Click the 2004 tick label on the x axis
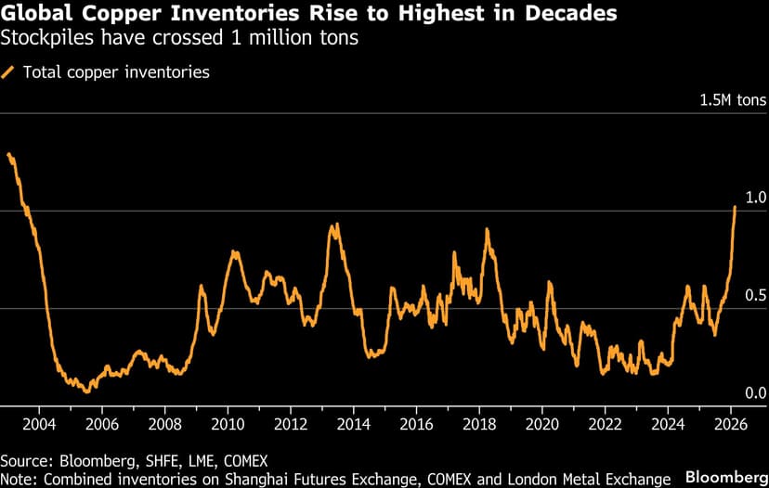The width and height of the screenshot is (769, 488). [38, 424]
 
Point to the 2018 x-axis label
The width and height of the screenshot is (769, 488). [479, 424]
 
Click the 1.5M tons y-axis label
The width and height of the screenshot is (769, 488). [733, 99]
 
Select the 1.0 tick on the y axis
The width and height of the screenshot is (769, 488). [756, 198]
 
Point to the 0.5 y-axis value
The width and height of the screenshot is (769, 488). [756, 295]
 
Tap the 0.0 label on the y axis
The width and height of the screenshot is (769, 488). [756, 393]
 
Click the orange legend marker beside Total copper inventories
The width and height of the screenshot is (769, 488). [9, 71]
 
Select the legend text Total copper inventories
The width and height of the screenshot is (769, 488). [116, 71]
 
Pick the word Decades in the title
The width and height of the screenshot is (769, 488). [567, 15]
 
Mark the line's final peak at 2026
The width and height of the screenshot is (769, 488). [736, 207]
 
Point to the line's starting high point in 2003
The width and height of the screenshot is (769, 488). [8, 154]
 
